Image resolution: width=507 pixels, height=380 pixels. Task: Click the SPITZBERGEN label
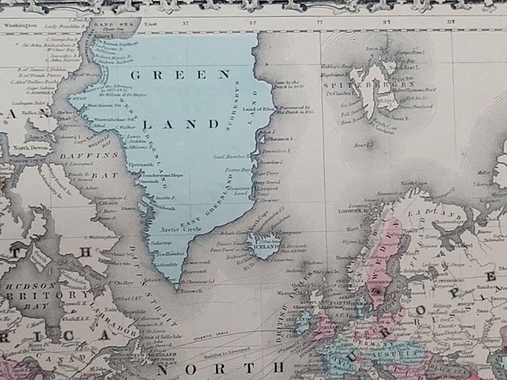pos(370,85)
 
